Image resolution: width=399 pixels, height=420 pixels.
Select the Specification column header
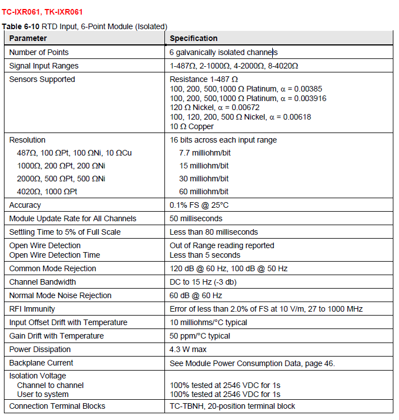click(194, 38)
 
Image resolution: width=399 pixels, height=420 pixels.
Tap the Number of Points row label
click(39, 52)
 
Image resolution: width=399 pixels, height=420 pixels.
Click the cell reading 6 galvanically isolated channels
click(223, 52)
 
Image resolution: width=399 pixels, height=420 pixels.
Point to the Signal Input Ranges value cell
click(233, 66)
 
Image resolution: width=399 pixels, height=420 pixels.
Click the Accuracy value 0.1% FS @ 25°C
click(199, 205)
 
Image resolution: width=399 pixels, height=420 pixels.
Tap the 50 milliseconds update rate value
click(196, 218)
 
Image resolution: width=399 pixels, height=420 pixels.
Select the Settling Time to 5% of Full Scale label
click(65, 232)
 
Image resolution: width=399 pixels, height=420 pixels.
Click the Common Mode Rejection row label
click(53, 268)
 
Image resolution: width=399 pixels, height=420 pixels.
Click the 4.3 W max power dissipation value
click(189, 349)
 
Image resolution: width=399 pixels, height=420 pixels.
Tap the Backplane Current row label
click(41, 363)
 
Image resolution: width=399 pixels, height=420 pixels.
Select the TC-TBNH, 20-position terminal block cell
click(232, 406)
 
